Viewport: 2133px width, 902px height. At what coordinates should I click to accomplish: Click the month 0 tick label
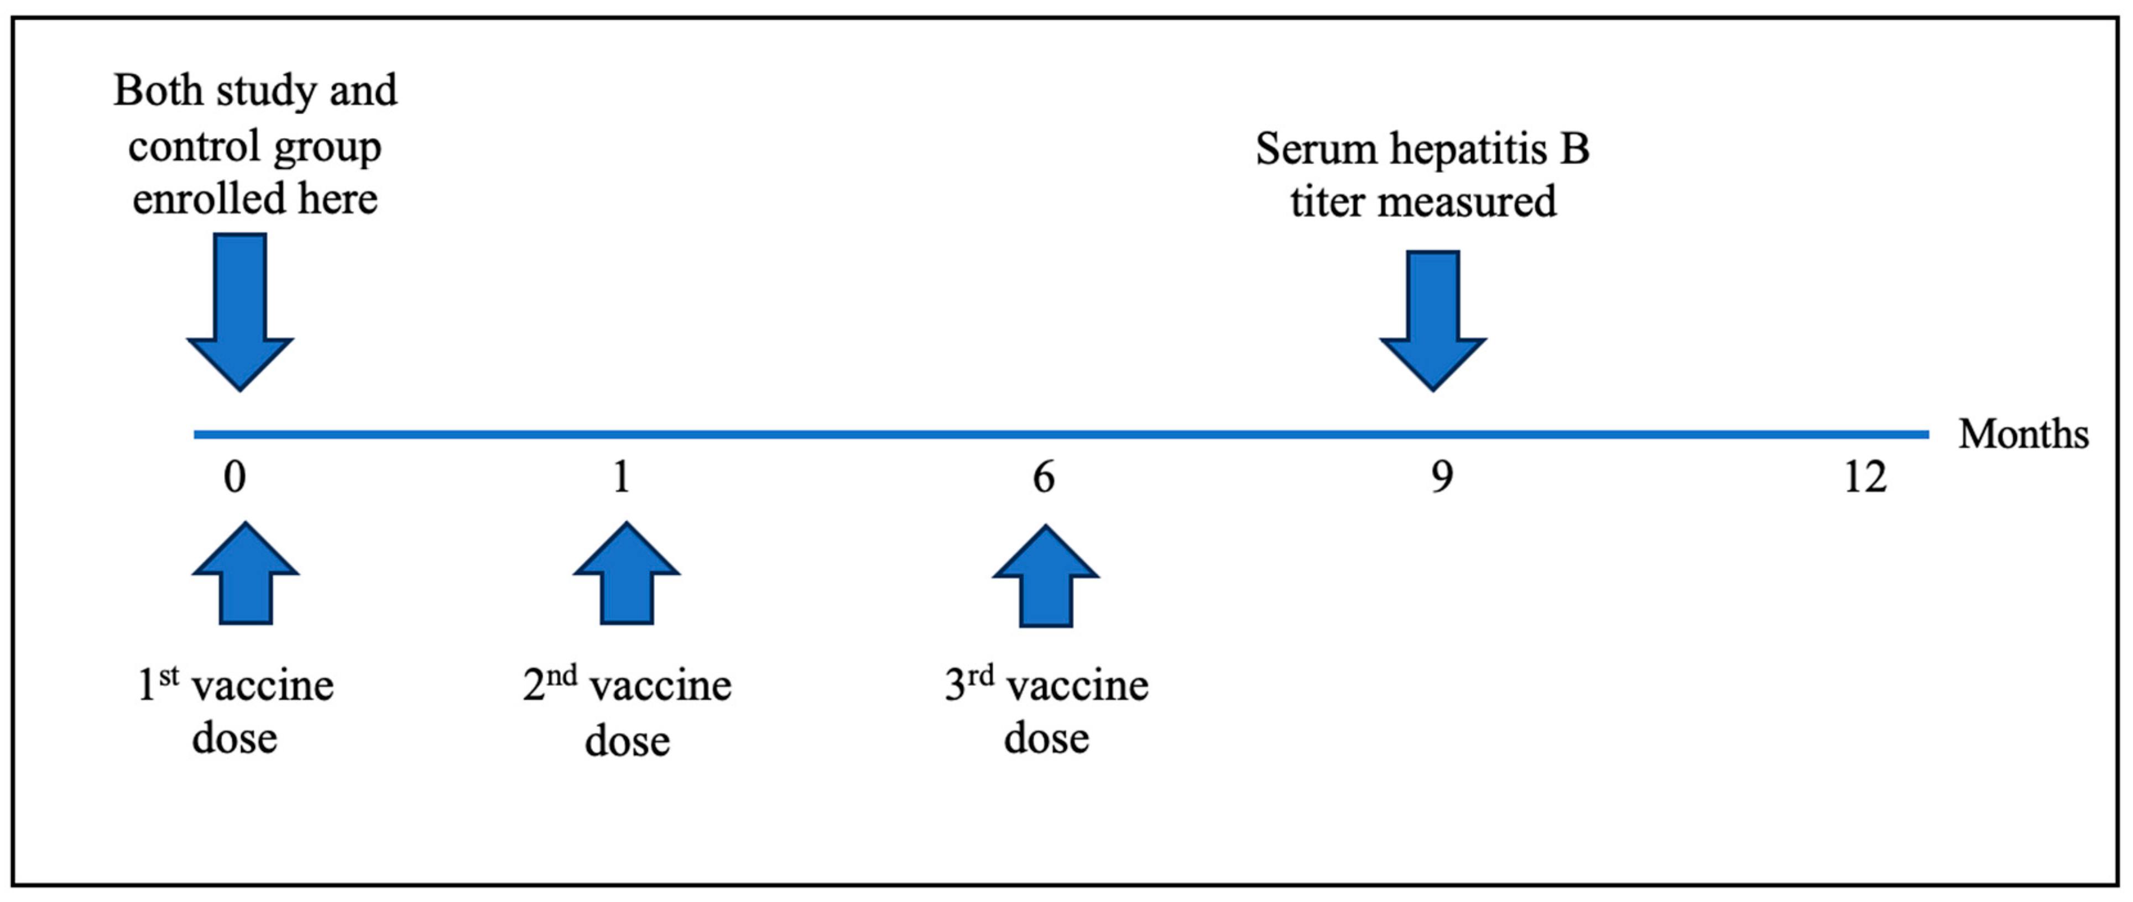pyautogui.click(x=235, y=478)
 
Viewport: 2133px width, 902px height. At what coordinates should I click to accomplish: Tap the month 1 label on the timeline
pyautogui.click(x=621, y=478)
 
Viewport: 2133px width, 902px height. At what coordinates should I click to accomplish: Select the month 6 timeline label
pyautogui.click(x=1044, y=478)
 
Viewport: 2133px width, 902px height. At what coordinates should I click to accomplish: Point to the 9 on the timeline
pyautogui.click(x=1442, y=478)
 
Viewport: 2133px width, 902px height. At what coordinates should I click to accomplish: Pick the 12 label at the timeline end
pyautogui.click(x=1865, y=478)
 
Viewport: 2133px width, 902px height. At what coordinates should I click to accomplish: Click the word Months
pyautogui.click(x=2023, y=434)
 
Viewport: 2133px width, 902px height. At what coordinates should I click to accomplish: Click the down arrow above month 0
pyautogui.click(x=240, y=314)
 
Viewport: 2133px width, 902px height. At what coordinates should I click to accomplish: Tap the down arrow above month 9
pyautogui.click(x=1432, y=323)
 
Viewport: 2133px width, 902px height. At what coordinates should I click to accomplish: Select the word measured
pyautogui.click(x=1467, y=202)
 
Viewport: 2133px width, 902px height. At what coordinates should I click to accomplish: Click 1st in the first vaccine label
pyautogui.click(x=157, y=684)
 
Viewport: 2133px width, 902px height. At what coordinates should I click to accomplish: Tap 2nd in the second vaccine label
pyautogui.click(x=549, y=684)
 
